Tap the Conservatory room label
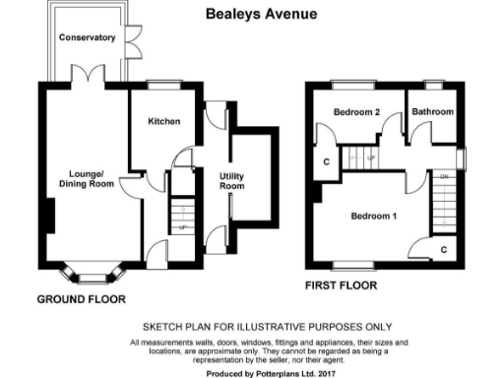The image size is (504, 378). [x=88, y=38]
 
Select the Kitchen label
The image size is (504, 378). [x=163, y=122]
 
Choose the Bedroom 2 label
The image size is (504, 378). [x=355, y=112]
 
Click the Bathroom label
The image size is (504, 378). [x=432, y=112]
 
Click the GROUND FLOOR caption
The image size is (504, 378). [x=82, y=298]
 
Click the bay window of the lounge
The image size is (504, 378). [x=90, y=269]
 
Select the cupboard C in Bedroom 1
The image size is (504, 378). [x=444, y=249]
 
